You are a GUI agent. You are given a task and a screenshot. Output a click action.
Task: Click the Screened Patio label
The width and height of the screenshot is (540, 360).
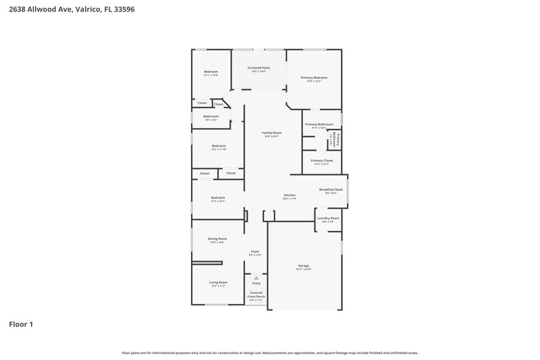point(259,68)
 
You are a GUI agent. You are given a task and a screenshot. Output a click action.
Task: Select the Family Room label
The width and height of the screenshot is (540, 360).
point(272,132)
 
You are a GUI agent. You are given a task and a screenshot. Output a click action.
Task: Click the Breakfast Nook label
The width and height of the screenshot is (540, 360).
point(331,190)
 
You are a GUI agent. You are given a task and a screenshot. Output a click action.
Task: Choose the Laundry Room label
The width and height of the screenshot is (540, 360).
point(328,218)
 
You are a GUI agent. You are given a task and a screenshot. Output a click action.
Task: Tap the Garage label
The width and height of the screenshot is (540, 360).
point(303,266)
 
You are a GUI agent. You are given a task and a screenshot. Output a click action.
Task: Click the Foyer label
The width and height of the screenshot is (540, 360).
point(255,251)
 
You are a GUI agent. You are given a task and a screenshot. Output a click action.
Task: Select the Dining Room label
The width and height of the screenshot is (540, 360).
point(217,239)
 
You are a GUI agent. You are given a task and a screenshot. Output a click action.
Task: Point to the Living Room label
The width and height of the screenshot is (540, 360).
point(218,282)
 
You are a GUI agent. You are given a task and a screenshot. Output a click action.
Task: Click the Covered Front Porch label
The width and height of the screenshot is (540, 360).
point(256,295)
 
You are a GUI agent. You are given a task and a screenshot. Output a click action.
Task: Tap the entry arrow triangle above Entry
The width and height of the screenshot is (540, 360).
point(256,278)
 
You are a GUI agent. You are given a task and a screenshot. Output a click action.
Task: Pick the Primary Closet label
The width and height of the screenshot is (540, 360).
point(321,160)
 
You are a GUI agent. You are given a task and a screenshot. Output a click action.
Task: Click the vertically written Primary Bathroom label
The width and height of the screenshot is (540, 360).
point(333,140)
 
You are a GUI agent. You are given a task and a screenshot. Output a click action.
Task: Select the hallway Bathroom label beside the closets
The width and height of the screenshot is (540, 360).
point(211,116)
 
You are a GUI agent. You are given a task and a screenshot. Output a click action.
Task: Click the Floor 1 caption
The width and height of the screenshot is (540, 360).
point(21,324)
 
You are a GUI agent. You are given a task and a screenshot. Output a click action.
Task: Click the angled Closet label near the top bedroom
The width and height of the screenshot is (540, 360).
point(219,104)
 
